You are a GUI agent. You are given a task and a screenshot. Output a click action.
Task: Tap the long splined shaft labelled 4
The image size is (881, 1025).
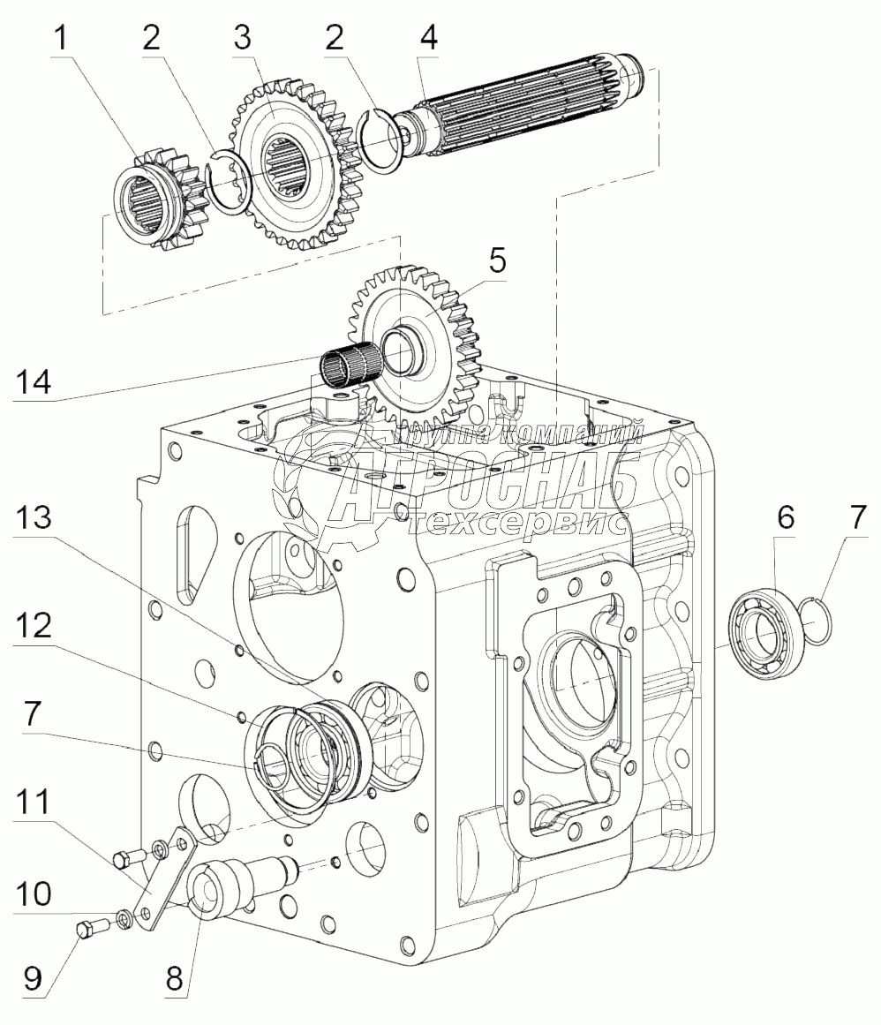coord(530,107)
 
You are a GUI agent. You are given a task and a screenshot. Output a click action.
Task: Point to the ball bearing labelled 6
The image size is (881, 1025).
coord(766,635)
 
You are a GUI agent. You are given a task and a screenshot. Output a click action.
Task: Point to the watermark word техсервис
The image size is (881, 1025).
coord(521,523)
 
